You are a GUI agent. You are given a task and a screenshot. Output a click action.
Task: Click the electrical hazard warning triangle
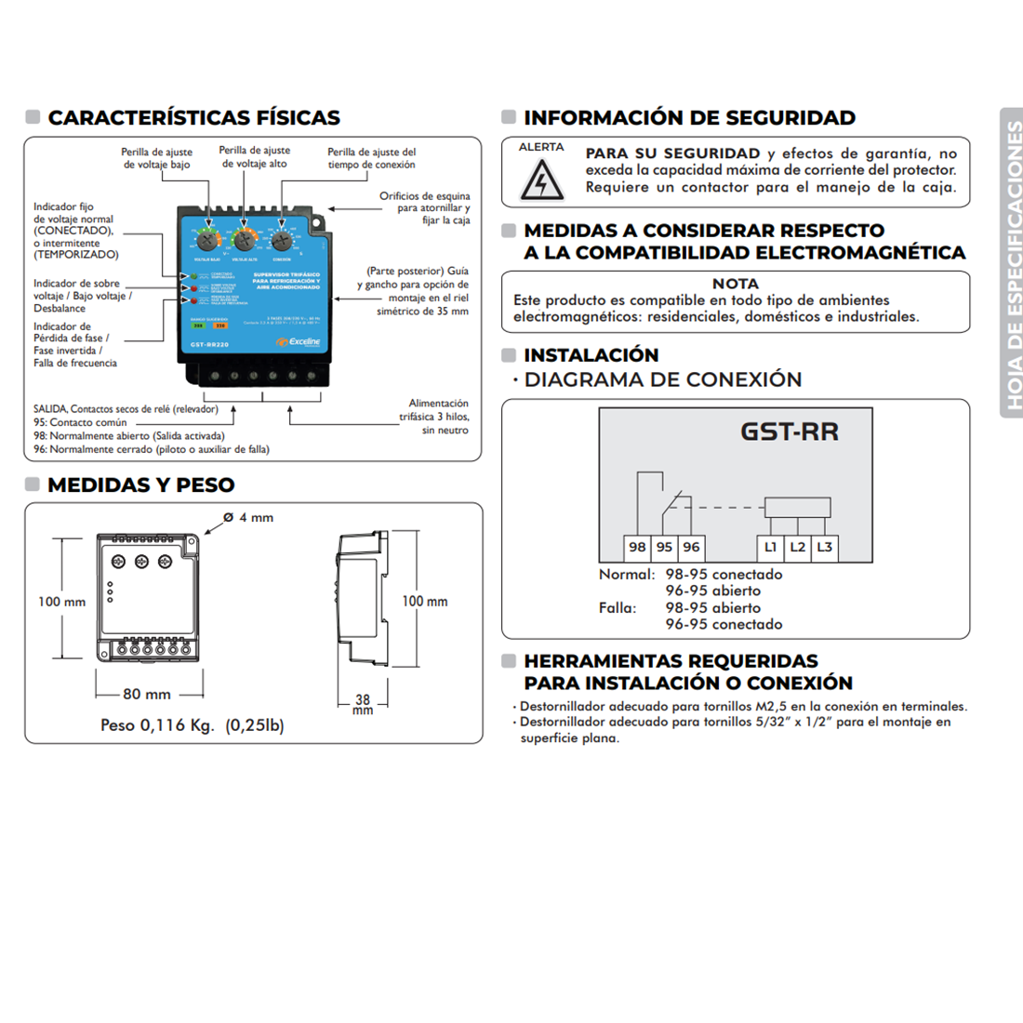coord(540,179)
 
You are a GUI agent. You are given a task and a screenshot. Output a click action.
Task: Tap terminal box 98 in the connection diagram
coord(637,547)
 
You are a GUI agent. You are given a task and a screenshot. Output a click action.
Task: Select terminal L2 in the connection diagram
coord(797,547)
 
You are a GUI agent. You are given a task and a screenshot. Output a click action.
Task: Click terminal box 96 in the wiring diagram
coord(691,547)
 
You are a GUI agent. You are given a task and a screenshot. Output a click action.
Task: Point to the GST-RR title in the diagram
coord(790,432)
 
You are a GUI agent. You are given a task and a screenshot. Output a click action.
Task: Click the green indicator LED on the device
coord(193,276)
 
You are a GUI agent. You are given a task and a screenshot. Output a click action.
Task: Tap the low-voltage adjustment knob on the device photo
coord(206,239)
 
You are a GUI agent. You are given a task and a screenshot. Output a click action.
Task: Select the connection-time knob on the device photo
coord(283,240)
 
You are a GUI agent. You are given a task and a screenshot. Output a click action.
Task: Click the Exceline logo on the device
coord(299,342)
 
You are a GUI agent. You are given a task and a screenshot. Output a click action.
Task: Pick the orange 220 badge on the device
coord(220,326)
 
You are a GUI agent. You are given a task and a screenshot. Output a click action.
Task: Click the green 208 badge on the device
coord(198,326)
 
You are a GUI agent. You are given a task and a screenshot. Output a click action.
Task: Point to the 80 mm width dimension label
coord(147,694)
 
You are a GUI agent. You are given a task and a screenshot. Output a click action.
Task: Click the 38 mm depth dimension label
coord(363,702)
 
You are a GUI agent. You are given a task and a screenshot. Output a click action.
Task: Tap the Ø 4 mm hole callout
coord(248,518)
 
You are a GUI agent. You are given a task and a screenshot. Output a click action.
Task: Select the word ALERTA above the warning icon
coord(541,147)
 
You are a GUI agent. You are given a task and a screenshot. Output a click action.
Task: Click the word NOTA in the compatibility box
coord(735,284)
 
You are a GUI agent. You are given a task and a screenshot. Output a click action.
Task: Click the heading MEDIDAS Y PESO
coord(140,485)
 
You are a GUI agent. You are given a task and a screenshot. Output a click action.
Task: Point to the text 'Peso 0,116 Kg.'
coord(157,725)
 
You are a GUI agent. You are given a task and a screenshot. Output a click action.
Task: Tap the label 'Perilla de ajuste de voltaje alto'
coord(254,156)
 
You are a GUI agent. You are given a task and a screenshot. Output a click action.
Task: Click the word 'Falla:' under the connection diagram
coord(618,608)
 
